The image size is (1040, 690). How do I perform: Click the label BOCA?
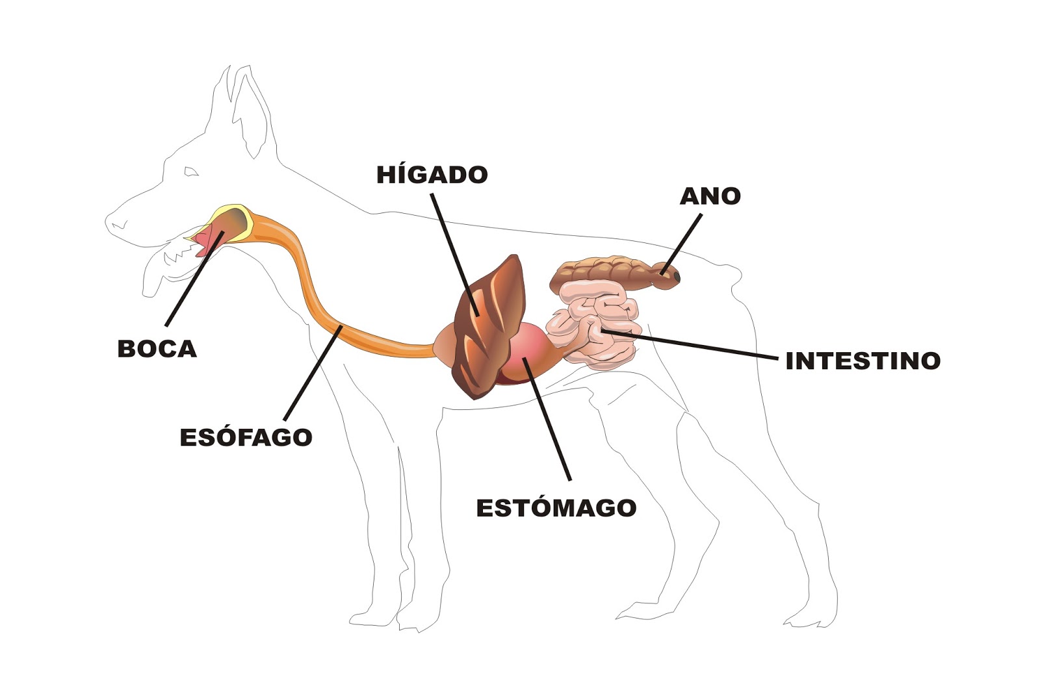(157, 349)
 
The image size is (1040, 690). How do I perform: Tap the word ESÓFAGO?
(246, 437)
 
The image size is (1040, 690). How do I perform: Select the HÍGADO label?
(432, 175)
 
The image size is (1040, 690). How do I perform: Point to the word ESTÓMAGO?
(556, 508)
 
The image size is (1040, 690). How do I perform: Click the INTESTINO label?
(863, 361)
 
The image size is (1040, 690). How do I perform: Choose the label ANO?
(710, 196)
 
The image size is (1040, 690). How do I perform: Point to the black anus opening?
(677, 277)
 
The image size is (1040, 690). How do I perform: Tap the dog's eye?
(191, 172)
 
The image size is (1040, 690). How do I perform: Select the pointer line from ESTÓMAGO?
(549, 422)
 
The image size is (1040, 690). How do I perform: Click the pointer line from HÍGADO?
(455, 253)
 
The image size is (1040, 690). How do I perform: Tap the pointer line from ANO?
(682, 244)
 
